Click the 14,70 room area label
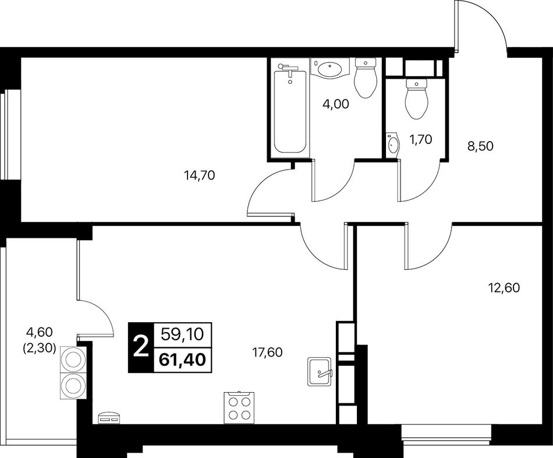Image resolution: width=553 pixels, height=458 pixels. click(x=200, y=175)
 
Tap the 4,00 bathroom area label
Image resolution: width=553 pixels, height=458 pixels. click(x=336, y=104)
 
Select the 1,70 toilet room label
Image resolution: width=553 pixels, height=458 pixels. click(x=420, y=140)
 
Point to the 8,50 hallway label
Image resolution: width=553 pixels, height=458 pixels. click(x=480, y=146)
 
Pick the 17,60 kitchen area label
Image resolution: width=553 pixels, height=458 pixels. click(x=267, y=352)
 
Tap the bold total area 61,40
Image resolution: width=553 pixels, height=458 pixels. click(x=182, y=360)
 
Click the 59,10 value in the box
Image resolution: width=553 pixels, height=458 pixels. click(x=182, y=334)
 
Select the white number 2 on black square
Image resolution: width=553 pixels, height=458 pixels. click(x=141, y=347)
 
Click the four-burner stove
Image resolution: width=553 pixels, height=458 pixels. click(x=237, y=407)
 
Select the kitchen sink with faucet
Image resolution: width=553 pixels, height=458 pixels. click(x=320, y=372)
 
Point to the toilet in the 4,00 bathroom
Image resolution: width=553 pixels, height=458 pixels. click(x=366, y=77)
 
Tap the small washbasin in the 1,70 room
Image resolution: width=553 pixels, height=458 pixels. click(x=392, y=144)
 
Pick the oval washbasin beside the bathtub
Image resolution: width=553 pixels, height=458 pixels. click(x=329, y=69)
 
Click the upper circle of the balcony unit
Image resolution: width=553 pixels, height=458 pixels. click(x=73, y=359)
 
